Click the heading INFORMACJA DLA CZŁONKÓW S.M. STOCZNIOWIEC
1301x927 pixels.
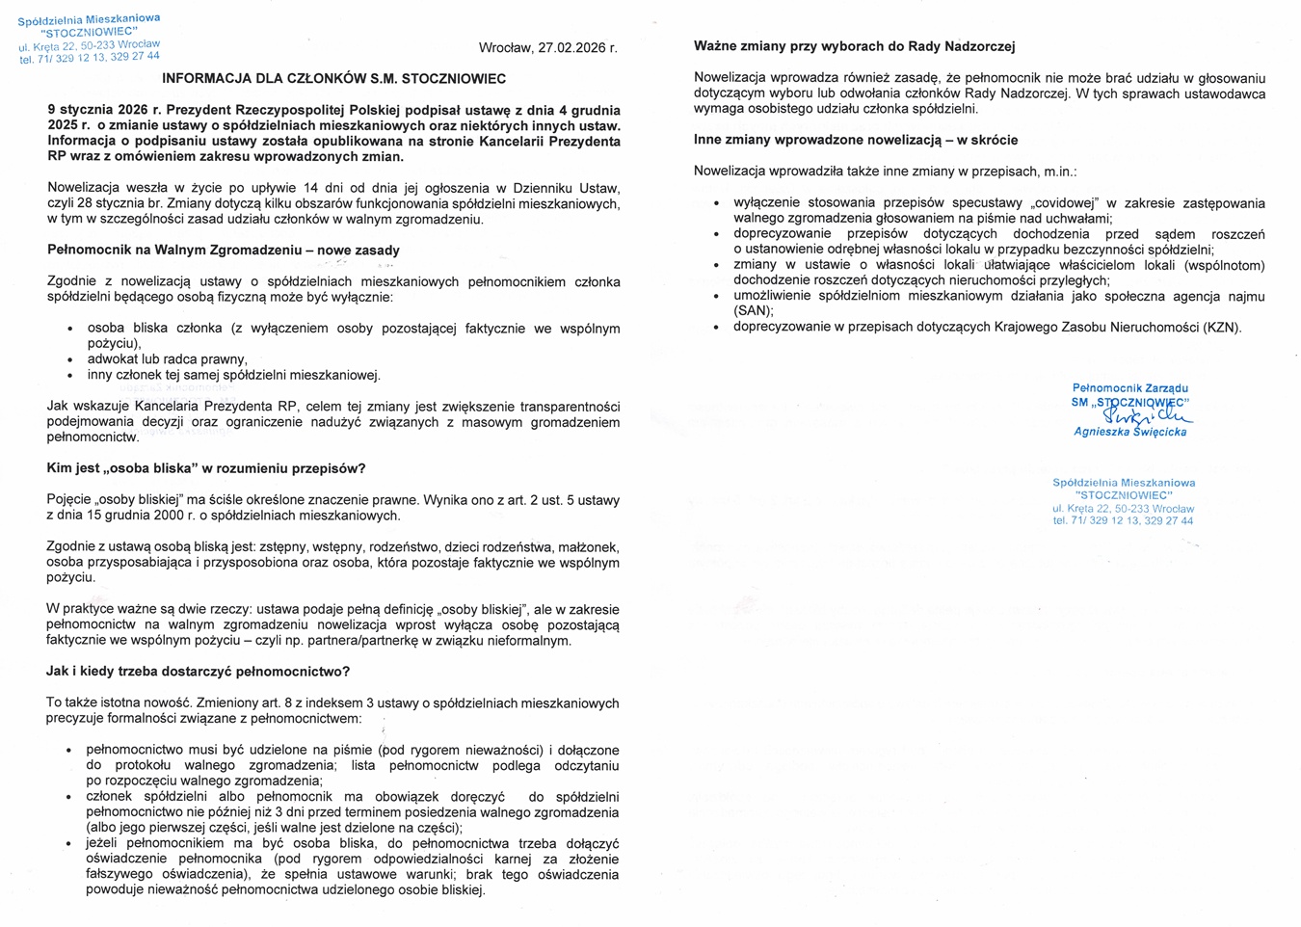tap(333, 79)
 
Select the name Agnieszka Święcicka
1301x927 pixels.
tap(1129, 432)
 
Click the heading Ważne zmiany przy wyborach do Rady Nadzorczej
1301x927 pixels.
tap(854, 46)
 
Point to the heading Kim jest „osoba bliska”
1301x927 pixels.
tap(206, 469)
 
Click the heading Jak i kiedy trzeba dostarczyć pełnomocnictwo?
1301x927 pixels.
tap(198, 672)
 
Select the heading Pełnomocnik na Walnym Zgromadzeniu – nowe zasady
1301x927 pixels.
tap(223, 251)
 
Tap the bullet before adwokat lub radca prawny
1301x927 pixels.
tap(69, 360)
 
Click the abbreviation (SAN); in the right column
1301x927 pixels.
tap(754, 311)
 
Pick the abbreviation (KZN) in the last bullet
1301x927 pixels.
tap(1220, 328)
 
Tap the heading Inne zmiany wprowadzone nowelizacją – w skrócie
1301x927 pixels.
tap(856, 141)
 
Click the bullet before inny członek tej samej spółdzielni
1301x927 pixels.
tap(69, 376)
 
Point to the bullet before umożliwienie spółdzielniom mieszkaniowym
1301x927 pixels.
tap(716, 297)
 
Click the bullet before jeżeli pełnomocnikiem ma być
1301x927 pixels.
tap(69, 844)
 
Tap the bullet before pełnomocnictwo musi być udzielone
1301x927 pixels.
tap(69, 751)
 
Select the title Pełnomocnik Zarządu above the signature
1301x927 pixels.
tap(1129, 388)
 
